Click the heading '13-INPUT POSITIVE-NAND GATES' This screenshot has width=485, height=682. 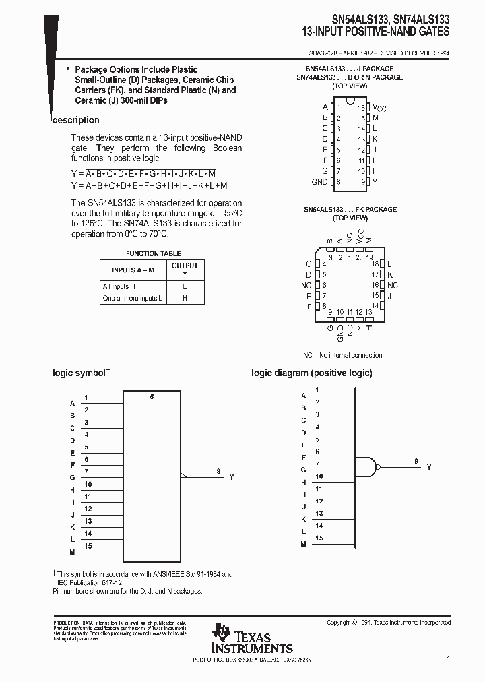click(x=376, y=31)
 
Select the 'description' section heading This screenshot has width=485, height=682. click(x=76, y=120)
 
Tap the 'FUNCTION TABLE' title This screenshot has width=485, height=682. click(x=154, y=253)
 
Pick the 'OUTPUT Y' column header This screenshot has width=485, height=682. click(x=185, y=270)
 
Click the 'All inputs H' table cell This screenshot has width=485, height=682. click(x=119, y=286)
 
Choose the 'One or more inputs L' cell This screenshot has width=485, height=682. click(x=133, y=298)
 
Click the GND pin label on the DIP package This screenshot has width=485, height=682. click(x=319, y=182)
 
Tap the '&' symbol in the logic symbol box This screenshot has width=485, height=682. click(x=152, y=397)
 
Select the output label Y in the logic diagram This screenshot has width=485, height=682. click(x=429, y=467)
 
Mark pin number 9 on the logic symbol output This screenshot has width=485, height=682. click(x=219, y=472)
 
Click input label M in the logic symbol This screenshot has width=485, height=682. click(x=72, y=552)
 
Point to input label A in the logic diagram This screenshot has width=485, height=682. click(x=303, y=396)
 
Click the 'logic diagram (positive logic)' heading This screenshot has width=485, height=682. click(x=311, y=373)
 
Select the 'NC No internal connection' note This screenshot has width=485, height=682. click(x=342, y=355)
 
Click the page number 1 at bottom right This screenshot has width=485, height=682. click(x=448, y=658)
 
